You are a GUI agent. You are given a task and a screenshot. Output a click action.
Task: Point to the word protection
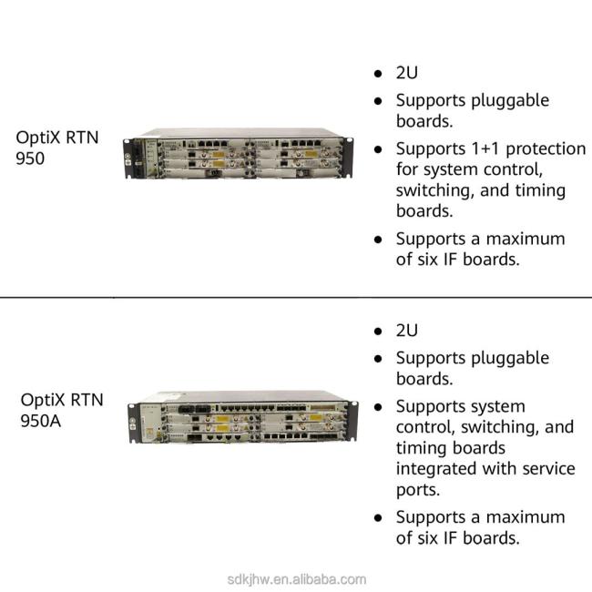tap(547, 148)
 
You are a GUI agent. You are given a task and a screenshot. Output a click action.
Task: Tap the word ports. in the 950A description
tap(419, 490)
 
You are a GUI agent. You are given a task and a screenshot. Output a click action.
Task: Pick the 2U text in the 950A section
tap(407, 331)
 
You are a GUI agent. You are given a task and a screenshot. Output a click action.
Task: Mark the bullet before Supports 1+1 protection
tap(378, 148)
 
